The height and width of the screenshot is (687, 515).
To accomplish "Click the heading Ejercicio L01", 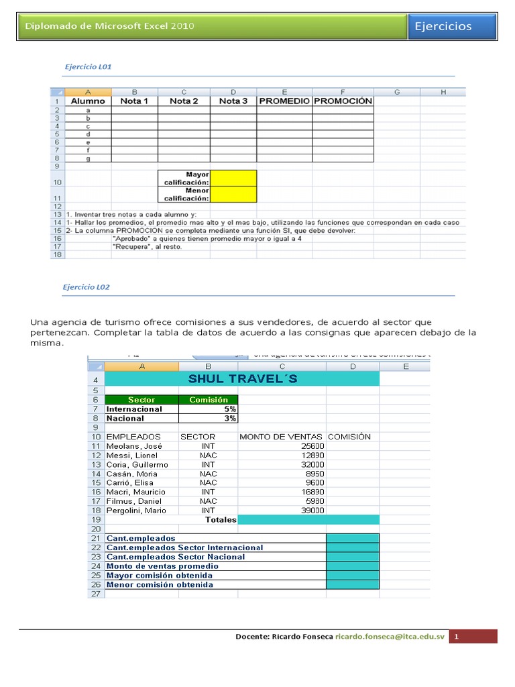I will (87, 67).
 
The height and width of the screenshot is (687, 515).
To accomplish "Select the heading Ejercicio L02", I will (87, 287).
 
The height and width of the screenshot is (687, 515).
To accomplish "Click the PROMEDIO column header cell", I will (284, 101).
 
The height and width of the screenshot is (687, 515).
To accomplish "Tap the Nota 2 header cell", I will (184, 101).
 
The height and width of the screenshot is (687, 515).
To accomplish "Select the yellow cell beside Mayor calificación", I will (233, 178).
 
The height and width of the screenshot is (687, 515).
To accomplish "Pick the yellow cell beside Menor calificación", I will (233, 194).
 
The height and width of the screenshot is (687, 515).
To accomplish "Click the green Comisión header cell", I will (208, 400).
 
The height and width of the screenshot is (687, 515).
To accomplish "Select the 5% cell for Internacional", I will (208, 409).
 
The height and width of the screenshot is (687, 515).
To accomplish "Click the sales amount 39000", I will (312, 511).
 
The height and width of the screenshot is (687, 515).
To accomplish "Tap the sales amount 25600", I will (312, 446).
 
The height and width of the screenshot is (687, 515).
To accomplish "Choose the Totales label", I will (221, 520).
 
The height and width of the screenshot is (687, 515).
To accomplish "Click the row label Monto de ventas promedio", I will (162, 566).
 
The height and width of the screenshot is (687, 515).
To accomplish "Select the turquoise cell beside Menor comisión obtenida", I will (352, 584).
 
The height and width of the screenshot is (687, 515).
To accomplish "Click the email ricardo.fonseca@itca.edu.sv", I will (390, 637).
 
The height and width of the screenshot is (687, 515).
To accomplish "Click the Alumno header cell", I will (88, 101).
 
